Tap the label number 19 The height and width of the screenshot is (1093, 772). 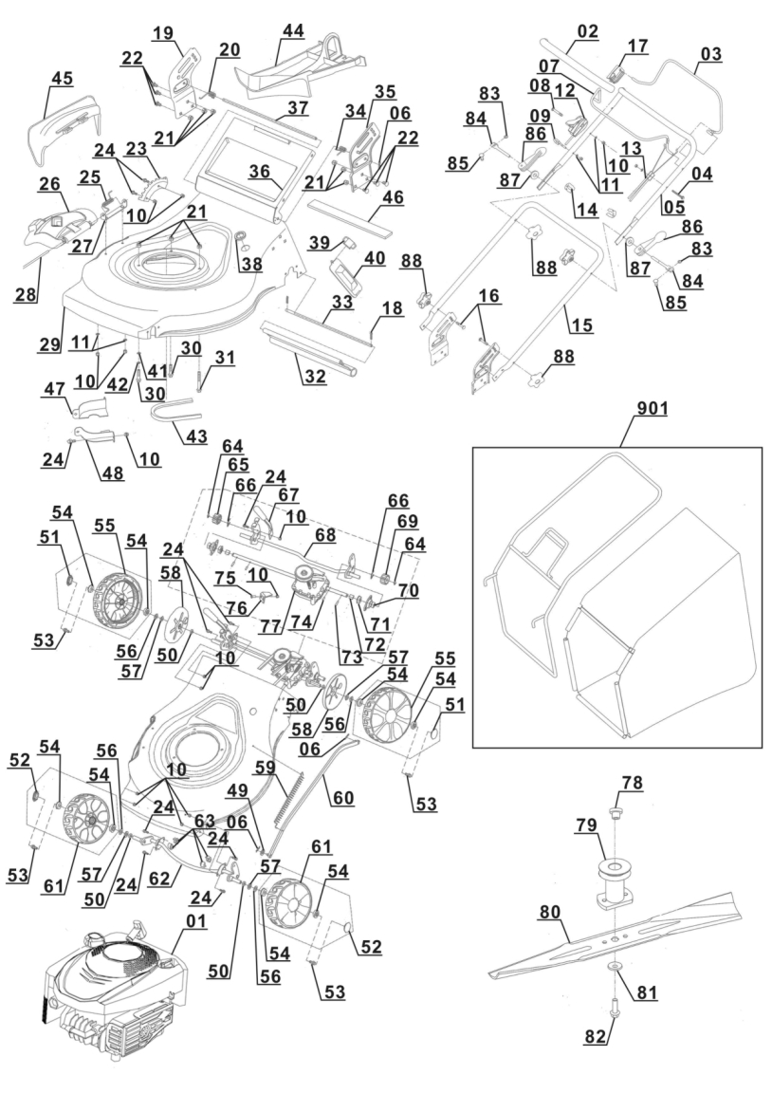point(163,33)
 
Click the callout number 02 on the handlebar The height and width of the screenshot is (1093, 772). point(587,31)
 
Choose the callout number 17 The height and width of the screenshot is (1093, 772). point(636,45)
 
